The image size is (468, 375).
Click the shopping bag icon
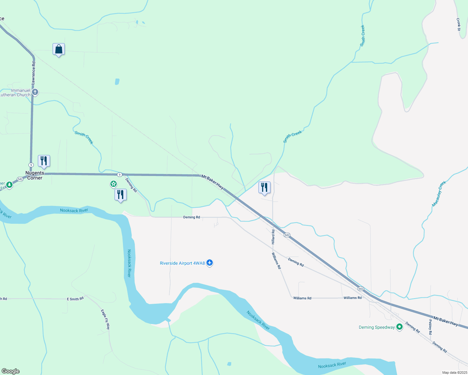pos(58,49)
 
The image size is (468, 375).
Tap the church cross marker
pos(35,92)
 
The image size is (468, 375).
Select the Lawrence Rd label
pos(33,73)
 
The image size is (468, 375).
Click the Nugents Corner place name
pos(35,175)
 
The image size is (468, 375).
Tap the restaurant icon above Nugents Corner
pos(44,161)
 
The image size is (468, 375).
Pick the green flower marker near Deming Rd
pos(114,184)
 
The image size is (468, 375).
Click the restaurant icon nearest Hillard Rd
pos(265,187)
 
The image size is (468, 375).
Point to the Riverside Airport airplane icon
pos(210,263)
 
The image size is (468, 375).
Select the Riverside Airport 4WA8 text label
pos(182,263)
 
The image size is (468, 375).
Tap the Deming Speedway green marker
pos(399,327)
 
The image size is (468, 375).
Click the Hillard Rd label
pos(273,237)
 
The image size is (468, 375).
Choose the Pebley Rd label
pos(430,327)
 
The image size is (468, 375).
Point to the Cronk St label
pos(458,24)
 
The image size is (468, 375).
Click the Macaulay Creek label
pos(439,194)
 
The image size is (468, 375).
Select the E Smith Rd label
pos(75,299)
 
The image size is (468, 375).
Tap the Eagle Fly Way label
pos(105,319)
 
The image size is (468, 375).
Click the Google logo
pos(10,371)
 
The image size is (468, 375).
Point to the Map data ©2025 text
pos(454,372)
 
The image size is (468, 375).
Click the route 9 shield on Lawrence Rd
pos(31,165)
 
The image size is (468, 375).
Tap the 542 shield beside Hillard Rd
pos(287,235)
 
